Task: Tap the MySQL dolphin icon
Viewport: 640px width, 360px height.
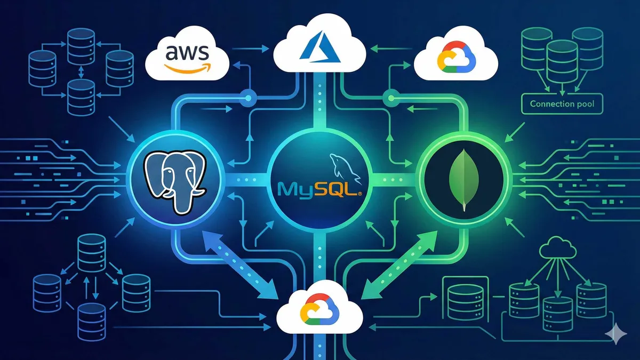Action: tap(341, 165)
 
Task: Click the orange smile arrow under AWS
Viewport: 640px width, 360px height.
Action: tap(183, 67)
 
